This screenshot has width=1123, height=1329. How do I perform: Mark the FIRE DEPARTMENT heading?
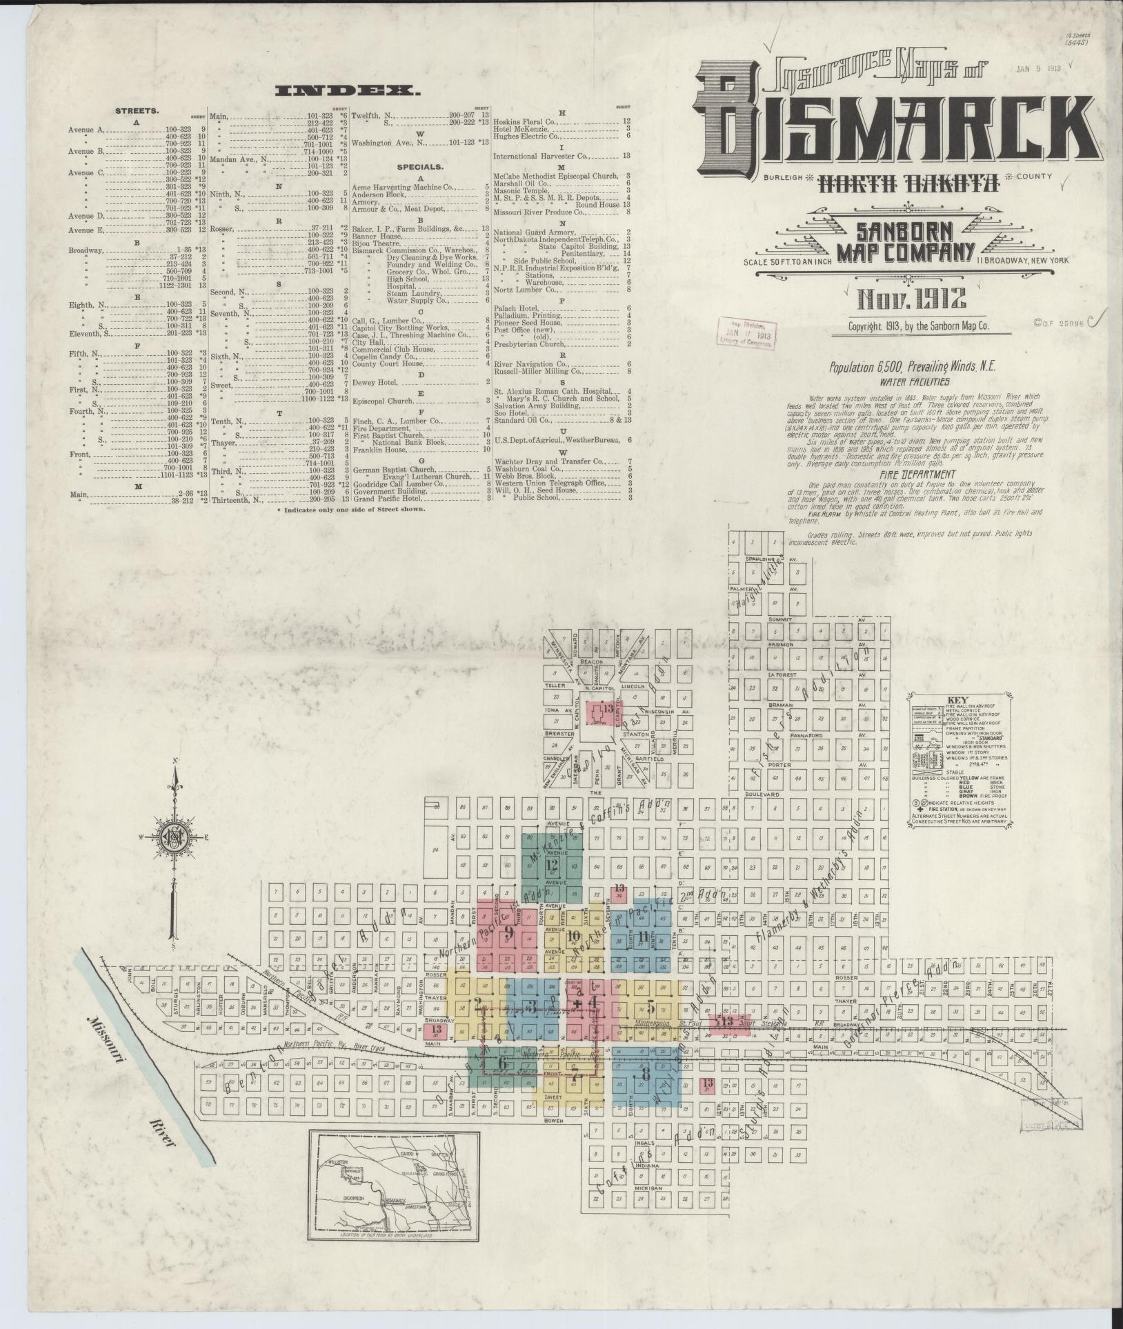[916, 474]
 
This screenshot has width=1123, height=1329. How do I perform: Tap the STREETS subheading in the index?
[137, 110]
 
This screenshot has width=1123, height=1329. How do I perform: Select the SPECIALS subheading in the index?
[419, 167]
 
